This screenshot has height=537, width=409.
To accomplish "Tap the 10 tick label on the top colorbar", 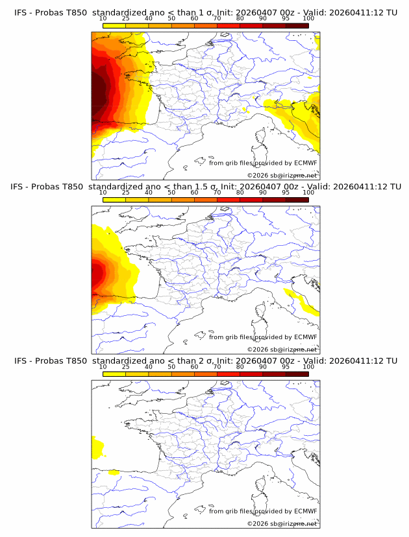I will click(103, 18).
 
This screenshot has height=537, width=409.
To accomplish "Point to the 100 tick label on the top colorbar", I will click(308, 18).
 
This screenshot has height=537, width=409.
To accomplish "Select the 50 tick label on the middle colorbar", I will click(171, 193).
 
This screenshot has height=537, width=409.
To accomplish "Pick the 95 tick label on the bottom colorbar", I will click(286, 367).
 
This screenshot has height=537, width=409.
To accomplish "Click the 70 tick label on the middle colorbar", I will click(217, 193).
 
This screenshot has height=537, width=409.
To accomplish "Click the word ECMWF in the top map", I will click(305, 163).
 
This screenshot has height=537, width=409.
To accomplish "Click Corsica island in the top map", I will click(260, 138).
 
